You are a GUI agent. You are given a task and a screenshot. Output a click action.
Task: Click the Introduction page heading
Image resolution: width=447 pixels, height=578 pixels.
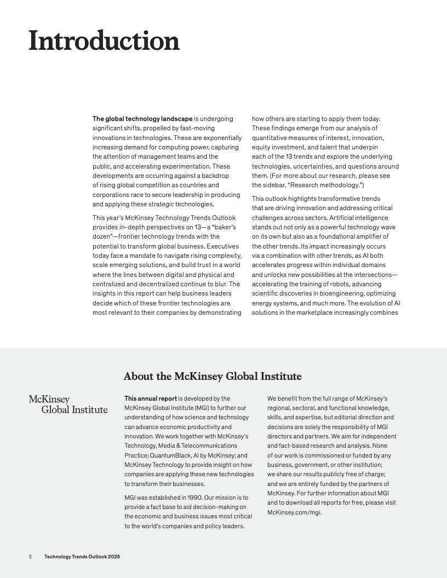pos(104,41)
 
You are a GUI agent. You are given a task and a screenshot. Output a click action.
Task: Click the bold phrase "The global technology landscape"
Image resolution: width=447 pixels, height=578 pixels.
pos(142,119)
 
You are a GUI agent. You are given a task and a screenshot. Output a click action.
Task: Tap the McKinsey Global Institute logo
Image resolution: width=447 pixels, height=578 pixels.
pos(68,404)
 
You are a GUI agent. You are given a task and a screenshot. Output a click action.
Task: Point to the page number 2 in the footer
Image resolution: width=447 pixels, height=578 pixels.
pos(31,557)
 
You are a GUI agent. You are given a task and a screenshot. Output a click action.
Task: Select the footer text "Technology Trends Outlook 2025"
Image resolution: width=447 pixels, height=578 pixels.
pos(82,557)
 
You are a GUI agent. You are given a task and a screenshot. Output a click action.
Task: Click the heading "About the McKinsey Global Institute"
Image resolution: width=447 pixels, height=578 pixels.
pos(213,376)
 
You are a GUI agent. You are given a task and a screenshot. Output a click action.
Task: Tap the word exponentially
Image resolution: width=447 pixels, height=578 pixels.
pos(221,137)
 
